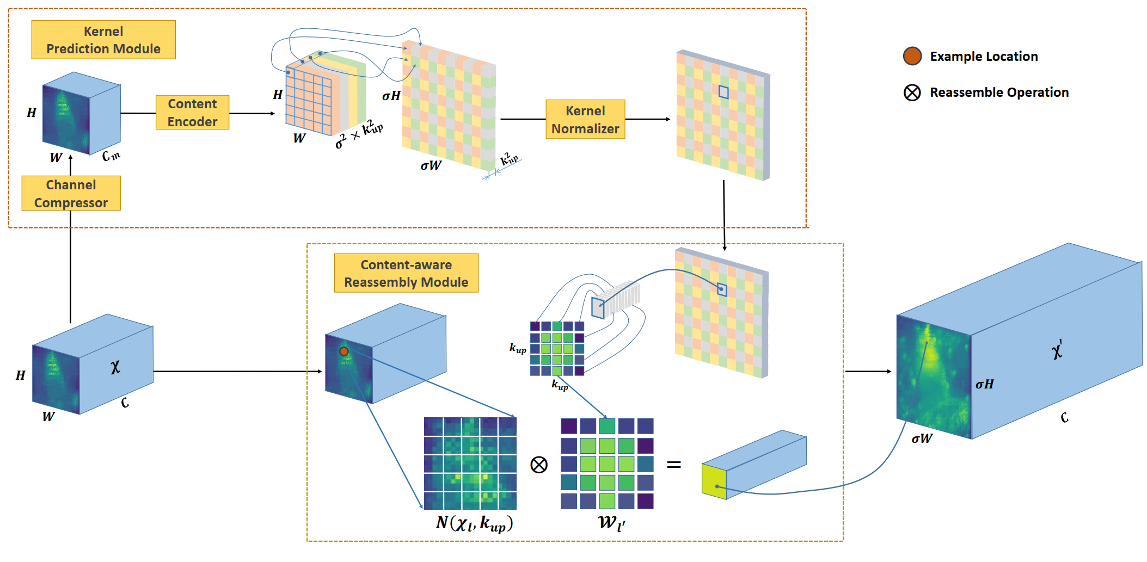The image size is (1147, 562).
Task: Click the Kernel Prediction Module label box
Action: point(103,40)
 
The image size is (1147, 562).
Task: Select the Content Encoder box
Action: point(192,113)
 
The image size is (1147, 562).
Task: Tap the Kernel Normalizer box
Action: point(585,120)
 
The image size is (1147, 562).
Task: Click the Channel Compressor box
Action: point(71,193)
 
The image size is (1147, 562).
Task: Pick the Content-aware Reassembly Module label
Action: point(406,273)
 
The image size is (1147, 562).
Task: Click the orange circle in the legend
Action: point(912,56)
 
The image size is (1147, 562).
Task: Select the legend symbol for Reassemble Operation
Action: point(912,92)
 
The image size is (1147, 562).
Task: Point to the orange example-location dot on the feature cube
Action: point(344,351)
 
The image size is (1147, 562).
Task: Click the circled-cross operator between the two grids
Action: point(539,465)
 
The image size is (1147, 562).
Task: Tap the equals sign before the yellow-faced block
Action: point(674,465)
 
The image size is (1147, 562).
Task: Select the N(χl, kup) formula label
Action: point(475,523)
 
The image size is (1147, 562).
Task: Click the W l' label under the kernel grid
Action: point(611,523)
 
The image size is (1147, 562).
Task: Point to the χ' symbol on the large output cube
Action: point(1057,349)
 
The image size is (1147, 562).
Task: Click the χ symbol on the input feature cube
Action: point(115,367)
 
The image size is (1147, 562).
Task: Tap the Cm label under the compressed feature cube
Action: point(111,156)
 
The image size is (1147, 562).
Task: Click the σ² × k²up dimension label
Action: point(359,134)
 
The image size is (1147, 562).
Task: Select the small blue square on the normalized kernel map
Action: point(723,92)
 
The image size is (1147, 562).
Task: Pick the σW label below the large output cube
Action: point(922,439)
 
